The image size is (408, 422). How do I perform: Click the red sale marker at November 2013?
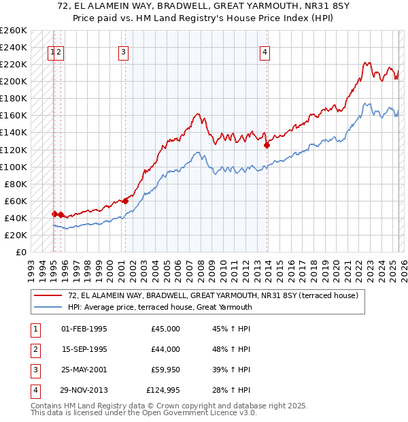(267, 145)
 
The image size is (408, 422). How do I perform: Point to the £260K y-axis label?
(14, 31)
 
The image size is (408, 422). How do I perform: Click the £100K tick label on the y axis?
(14, 167)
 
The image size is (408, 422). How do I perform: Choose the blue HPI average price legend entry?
(160, 307)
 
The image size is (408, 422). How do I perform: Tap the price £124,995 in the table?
(163, 390)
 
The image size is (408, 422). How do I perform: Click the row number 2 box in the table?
(34, 349)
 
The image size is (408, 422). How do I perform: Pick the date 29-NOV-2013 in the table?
(84, 390)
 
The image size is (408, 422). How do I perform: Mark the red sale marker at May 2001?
(126, 200)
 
